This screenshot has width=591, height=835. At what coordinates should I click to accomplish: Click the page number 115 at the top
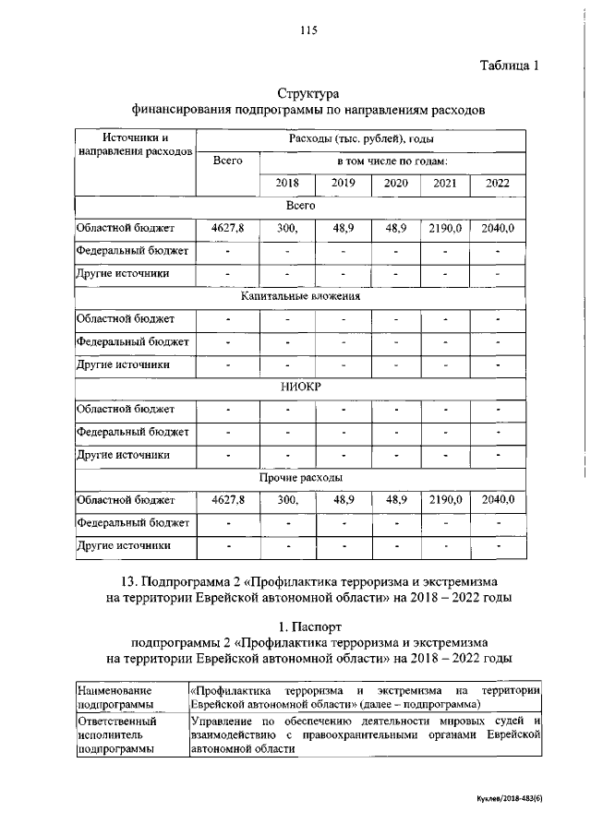pos(308,30)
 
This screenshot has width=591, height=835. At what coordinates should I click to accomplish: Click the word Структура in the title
pos(308,94)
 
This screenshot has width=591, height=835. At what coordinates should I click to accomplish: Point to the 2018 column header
pos(288,183)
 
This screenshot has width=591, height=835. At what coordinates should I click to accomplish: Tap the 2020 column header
pos(396,183)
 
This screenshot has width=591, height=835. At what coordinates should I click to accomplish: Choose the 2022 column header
pos(497,183)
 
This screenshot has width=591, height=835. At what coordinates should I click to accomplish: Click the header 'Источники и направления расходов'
pos(135,144)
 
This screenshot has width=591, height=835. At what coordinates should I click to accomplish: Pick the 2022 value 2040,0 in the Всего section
pos(497,227)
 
